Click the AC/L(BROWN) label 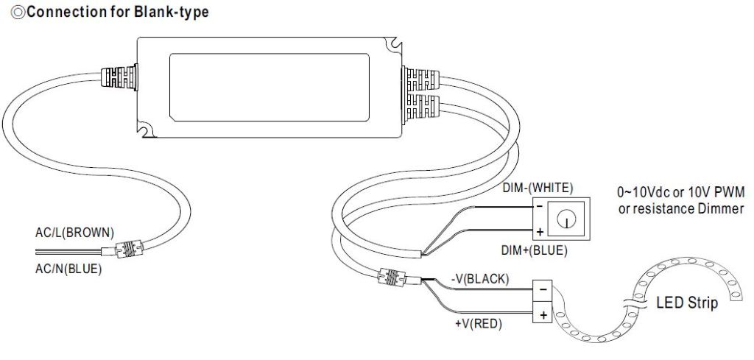pos(74,233)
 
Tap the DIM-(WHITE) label pos(537,188)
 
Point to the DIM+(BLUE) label pos(535,250)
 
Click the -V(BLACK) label pos(479,278)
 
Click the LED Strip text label pos(686,303)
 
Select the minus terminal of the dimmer pos(540,207)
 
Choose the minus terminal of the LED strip pos(542,289)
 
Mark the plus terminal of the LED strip pos(542,314)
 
